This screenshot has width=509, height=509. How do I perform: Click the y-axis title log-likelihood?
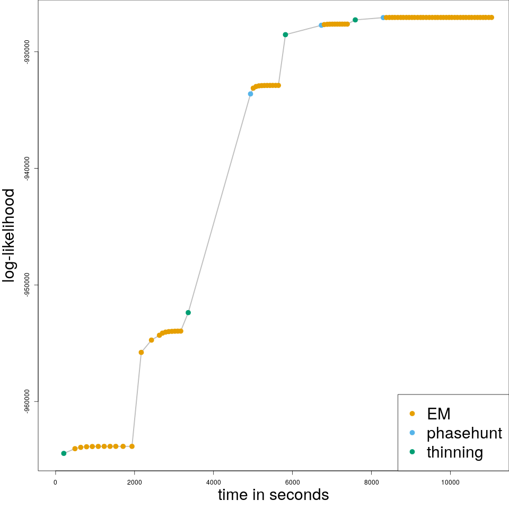10,235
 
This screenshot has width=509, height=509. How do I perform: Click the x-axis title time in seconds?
273,495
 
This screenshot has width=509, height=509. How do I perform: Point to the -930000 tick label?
27,51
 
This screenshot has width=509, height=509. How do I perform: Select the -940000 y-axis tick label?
27,168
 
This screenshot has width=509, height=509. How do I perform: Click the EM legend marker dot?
413,414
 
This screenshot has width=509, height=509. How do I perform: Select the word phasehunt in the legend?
464,433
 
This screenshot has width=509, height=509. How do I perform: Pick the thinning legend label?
454,452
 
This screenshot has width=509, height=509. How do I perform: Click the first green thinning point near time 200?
64,453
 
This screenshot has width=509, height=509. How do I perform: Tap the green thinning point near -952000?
188,313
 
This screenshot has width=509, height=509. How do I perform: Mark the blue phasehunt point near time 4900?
250,94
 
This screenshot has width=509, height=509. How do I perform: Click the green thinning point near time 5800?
285,34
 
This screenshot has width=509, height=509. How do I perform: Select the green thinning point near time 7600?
355,20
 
